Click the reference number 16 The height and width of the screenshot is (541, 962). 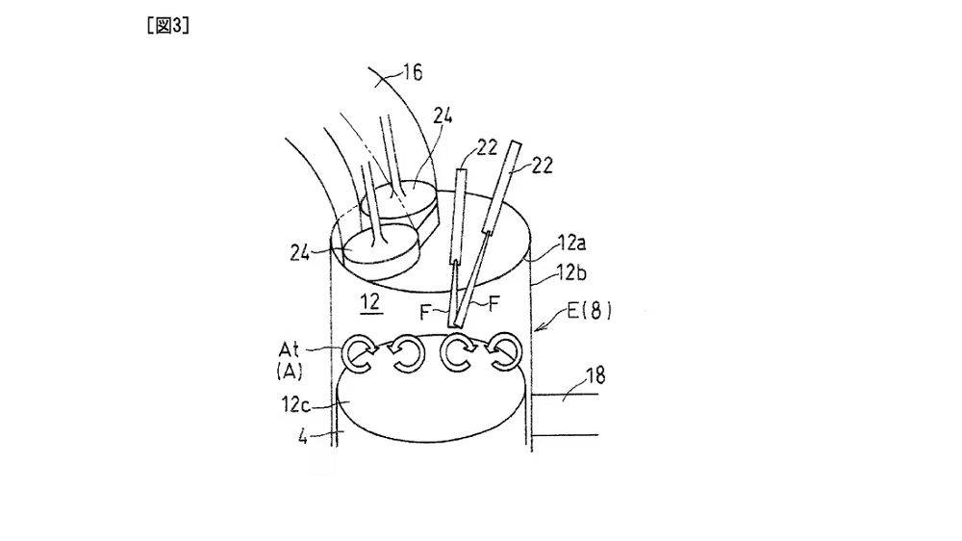413,73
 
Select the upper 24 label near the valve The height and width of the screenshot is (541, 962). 442,116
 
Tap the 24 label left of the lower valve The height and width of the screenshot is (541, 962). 300,252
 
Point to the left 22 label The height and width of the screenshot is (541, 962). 487,147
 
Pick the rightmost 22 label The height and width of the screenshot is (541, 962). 542,166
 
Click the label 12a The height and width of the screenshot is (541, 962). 571,244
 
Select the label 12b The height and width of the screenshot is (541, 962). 571,272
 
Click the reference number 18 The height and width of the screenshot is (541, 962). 595,374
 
